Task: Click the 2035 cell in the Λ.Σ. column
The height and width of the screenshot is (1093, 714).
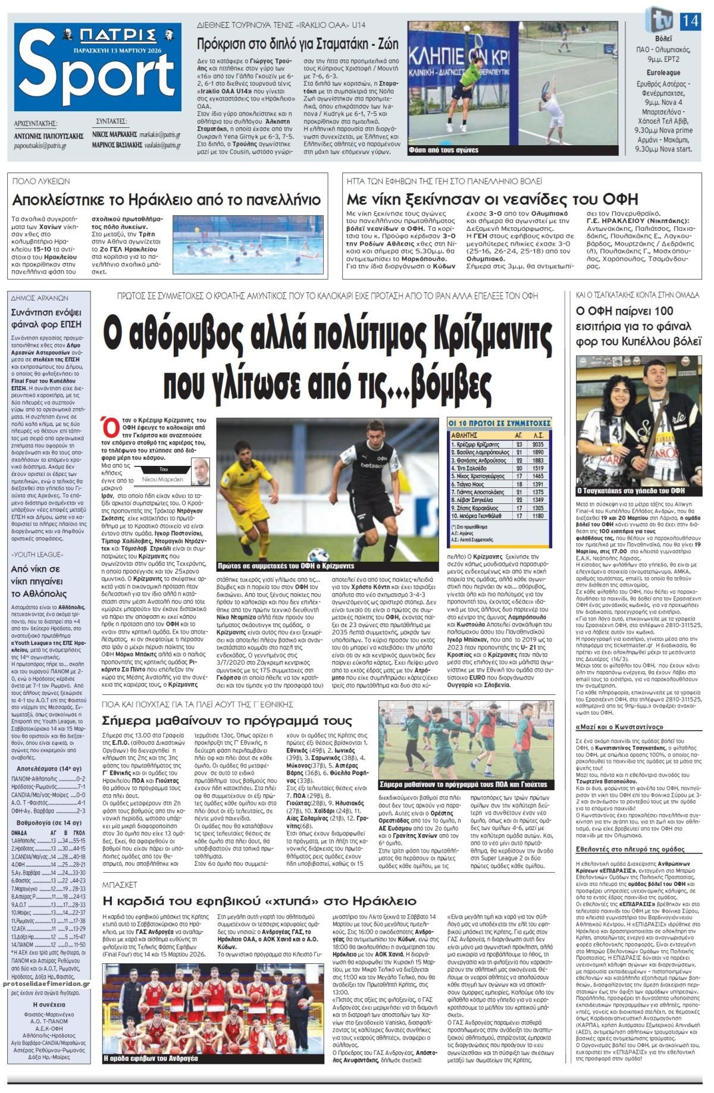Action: (540, 444)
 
